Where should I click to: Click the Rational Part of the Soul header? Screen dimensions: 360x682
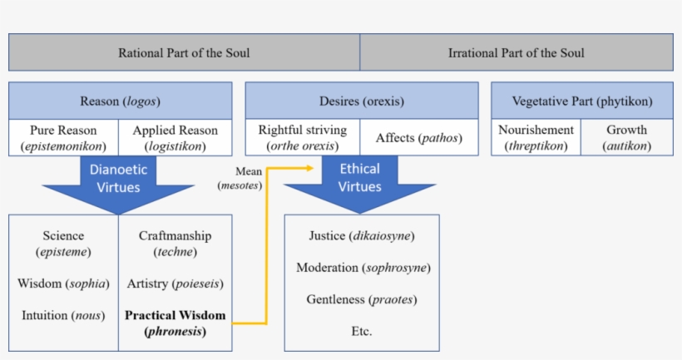pos(184,52)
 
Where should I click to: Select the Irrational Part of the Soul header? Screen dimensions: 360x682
pos(516,52)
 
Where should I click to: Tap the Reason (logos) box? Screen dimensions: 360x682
pos(120,101)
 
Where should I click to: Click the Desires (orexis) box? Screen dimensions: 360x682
pos(361,101)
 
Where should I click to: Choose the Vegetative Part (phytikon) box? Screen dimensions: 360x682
pos(581,101)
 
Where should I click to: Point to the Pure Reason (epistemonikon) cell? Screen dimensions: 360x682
pos(63,138)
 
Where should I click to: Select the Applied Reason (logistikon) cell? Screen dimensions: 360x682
pos(175,138)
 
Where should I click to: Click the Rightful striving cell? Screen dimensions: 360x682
pos(302,138)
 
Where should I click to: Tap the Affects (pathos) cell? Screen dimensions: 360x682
pos(419,138)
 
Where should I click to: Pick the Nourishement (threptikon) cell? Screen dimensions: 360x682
pos(536,138)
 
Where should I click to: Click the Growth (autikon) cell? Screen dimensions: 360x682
pos(626,138)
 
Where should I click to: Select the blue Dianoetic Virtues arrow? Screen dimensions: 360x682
pos(120,181)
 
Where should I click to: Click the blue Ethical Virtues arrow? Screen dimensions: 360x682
pos(360,181)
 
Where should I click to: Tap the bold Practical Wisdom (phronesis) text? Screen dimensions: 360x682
pos(175,323)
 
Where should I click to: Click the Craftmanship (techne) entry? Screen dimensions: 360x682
pos(175,244)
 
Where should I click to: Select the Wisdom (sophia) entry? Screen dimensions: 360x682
pos(63,284)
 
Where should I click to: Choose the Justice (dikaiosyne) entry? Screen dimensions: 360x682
pos(361,236)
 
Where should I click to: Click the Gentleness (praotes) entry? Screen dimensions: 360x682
pos(361,299)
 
